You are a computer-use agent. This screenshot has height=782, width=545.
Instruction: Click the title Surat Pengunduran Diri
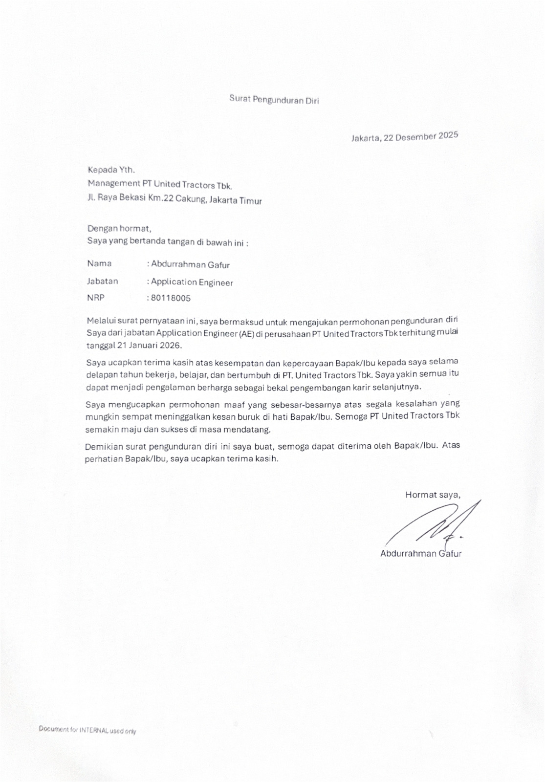point(274,100)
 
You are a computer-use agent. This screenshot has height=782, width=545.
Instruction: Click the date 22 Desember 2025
point(421,137)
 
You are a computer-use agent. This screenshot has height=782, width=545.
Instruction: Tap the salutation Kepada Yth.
point(111,170)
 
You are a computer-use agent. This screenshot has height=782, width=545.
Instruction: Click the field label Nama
point(99,263)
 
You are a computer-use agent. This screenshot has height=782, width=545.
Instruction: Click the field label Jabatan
point(103,282)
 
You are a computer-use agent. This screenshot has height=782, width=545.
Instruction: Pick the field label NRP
point(96,298)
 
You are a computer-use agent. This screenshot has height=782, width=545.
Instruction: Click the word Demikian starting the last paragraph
point(101,447)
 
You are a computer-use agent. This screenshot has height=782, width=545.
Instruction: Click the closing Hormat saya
point(433,495)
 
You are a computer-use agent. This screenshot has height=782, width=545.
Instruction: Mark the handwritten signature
point(430,525)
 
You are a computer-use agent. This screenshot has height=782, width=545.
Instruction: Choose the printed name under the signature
point(421,554)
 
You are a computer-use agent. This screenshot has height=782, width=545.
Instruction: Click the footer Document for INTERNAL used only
point(87,731)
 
